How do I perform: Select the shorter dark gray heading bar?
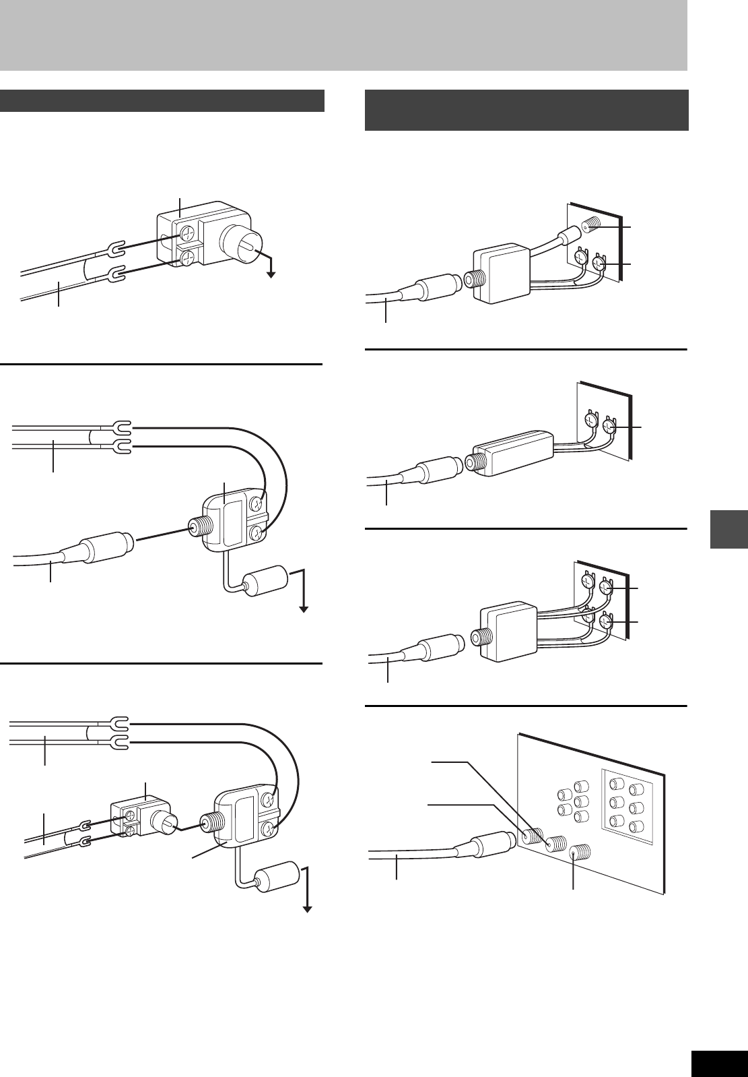162,100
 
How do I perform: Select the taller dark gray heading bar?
526,110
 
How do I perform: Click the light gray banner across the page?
343,35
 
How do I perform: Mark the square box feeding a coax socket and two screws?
502,273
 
